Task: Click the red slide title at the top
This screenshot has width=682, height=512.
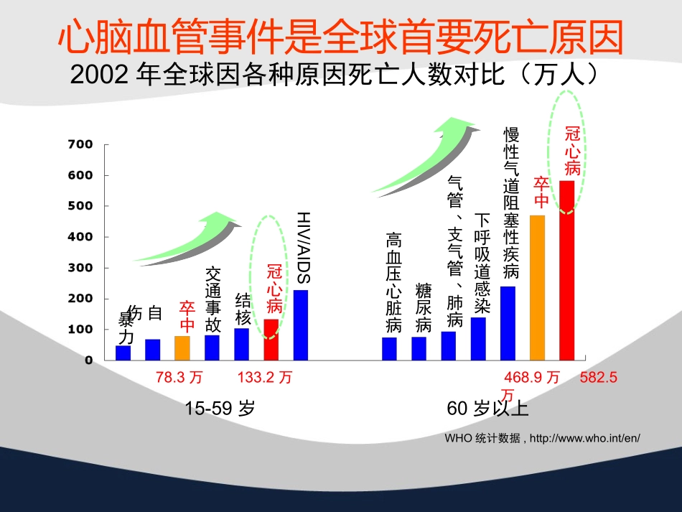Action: [x=340, y=37]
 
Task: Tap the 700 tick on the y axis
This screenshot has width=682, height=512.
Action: [x=80, y=144]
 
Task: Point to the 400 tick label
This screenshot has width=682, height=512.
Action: [x=80, y=237]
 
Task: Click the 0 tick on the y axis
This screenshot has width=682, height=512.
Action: [x=89, y=360]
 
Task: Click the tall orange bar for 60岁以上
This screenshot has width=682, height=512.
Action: [x=537, y=287]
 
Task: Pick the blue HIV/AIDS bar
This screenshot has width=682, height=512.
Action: [x=301, y=325]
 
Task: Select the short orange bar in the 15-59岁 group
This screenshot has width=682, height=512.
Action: [x=182, y=348]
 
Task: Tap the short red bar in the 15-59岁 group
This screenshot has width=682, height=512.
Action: [x=271, y=339]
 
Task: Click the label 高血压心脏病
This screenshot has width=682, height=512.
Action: [x=393, y=282]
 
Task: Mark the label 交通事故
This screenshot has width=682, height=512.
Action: [x=213, y=300]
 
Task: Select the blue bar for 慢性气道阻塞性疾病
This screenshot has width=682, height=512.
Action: [x=508, y=323]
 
